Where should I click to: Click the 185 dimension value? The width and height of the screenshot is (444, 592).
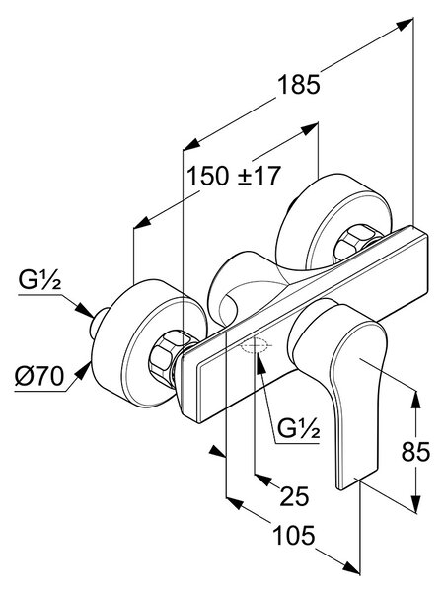click(299, 84)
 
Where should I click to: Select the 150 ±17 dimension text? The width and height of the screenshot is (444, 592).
click(234, 176)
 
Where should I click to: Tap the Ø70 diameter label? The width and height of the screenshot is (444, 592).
click(39, 376)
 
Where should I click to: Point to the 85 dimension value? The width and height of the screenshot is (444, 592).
click(415, 451)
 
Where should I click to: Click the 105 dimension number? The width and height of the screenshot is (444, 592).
click(293, 535)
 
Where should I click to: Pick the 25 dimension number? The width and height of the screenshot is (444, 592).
click(294, 495)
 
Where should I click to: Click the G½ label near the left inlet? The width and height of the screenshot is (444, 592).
click(39, 281)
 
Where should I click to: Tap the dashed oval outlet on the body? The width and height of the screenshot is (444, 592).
click(256, 345)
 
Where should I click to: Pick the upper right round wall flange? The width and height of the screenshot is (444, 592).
click(333, 223)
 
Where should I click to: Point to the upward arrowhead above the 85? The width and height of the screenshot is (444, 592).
click(415, 401)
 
